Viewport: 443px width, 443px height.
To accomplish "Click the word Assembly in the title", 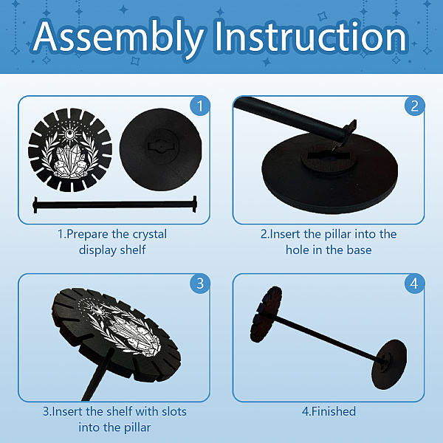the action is click(x=119, y=38).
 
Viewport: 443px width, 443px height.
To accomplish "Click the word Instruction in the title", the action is click(x=311, y=36).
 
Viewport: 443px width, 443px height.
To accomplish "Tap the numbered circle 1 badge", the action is click(x=200, y=106).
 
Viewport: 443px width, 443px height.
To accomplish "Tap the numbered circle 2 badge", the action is click(x=414, y=106).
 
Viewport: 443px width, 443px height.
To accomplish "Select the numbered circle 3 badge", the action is click(x=200, y=284).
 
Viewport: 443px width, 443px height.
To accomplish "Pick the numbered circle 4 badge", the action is click(x=414, y=284).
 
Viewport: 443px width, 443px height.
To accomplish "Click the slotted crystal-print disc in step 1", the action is click(x=70, y=149).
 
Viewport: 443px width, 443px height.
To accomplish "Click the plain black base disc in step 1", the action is click(x=161, y=149).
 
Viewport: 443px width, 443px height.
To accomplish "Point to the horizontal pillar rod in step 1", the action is click(x=114, y=204).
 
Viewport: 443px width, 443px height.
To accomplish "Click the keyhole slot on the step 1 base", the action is click(x=161, y=147).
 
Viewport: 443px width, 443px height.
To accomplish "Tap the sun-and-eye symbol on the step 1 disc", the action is click(x=69, y=133).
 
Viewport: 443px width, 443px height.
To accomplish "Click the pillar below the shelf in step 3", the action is click(x=98, y=374).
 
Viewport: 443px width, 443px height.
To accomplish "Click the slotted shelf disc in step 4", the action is click(x=266, y=315).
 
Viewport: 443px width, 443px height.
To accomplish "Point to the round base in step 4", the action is click(x=389, y=364).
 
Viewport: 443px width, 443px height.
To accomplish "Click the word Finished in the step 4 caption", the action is click(x=334, y=411).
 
